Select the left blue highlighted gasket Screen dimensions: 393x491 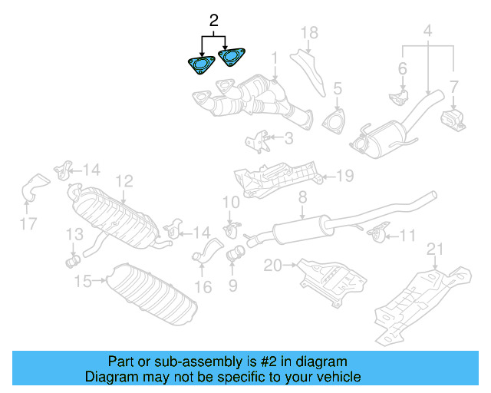pos(201,64)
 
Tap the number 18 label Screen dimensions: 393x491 pos(308,33)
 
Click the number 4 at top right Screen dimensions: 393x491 pos(427,32)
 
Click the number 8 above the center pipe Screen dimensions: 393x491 pos(302,197)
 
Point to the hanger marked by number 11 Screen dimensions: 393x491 pos(376,232)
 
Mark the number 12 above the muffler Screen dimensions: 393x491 pos(124,181)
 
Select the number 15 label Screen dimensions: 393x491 pos(83,282)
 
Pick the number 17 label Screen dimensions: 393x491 pos(28,224)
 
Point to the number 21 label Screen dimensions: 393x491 pos(435,248)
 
